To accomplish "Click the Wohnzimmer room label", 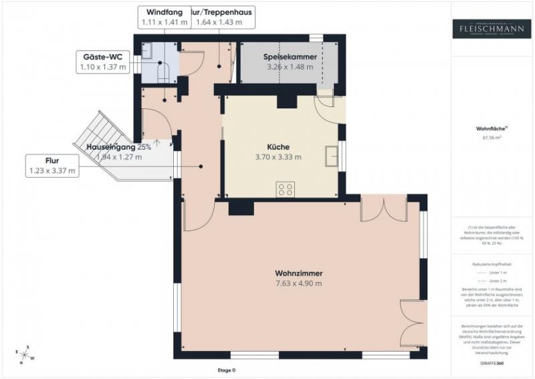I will pos(298,273).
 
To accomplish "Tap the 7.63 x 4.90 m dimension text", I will pos(298,283).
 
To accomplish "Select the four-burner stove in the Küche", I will pos(285,189).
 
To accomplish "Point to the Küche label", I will pos(278,147).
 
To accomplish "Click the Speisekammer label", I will pos(291,57).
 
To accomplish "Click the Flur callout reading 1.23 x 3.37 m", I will pos(52,166).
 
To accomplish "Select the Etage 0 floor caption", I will pos(227,370).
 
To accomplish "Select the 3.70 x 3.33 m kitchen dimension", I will pos(278,158).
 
